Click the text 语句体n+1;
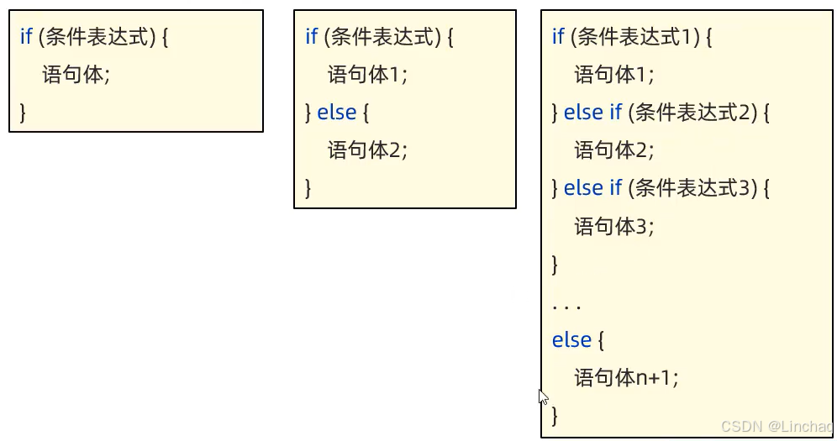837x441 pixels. pyautogui.click(x=625, y=378)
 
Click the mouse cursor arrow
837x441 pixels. pyautogui.click(x=543, y=396)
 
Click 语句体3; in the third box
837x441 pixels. pyautogui.click(x=613, y=226)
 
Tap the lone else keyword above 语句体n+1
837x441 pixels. pyautogui.click(x=571, y=340)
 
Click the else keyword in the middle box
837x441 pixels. pyautogui.click(x=337, y=113)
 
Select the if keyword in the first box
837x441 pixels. pyautogui.click(x=26, y=37)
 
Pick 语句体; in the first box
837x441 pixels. pyautogui.click(x=76, y=75)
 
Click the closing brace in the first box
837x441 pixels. pyautogui.click(x=23, y=113)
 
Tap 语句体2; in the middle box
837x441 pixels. pyautogui.click(x=367, y=150)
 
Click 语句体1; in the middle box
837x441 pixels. pyautogui.click(x=367, y=75)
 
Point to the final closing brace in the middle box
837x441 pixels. pyautogui.click(x=308, y=187)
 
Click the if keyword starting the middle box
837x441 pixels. pyautogui.click(x=312, y=37)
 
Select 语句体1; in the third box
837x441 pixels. pyautogui.click(x=613, y=75)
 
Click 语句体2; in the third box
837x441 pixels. pyautogui.click(x=613, y=150)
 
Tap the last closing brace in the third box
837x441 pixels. pyautogui.click(x=555, y=415)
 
